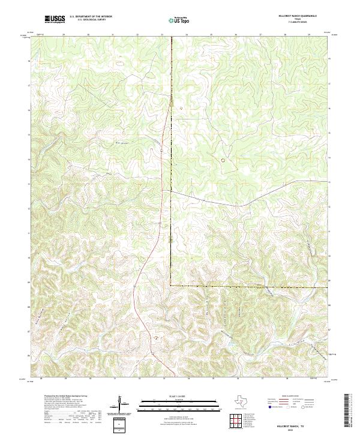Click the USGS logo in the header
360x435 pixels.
[x=55, y=19]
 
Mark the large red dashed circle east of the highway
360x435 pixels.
[x=223, y=160]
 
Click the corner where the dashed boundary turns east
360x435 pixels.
[x=170, y=286]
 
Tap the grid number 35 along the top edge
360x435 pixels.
[x=211, y=35]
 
